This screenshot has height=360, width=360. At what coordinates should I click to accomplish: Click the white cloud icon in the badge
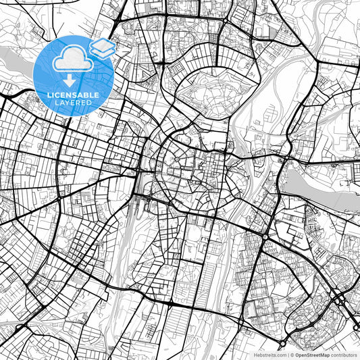(70, 60)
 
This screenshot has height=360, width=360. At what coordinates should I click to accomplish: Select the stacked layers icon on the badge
(102, 47)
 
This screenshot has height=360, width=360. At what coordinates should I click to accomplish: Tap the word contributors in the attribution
(344, 354)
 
